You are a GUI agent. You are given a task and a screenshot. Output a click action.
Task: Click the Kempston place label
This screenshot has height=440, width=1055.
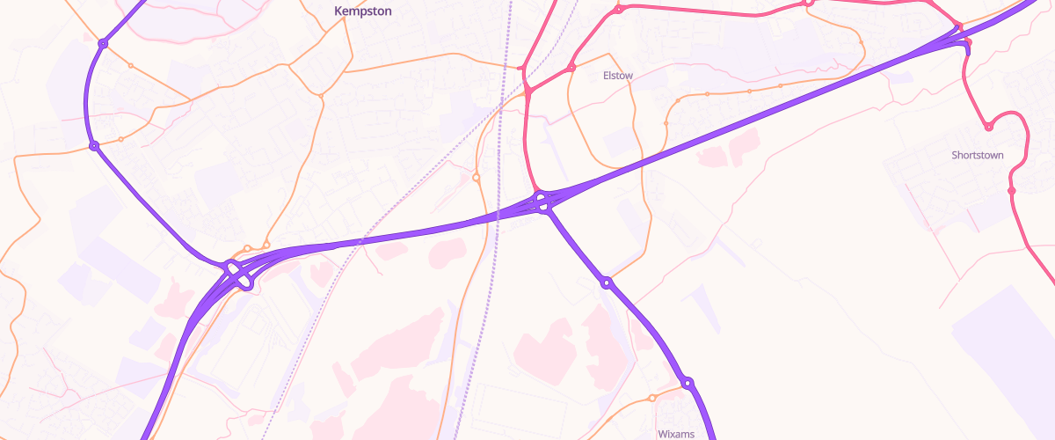[x=361, y=11]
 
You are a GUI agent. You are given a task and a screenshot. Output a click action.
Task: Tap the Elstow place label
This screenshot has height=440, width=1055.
[x=617, y=76]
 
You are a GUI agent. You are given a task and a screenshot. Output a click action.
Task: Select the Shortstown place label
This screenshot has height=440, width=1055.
[x=977, y=155]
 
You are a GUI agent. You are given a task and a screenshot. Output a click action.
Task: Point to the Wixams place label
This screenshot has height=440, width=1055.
[x=676, y=434]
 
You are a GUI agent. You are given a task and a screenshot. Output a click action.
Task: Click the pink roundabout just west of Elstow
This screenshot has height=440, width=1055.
[x=571, y=68]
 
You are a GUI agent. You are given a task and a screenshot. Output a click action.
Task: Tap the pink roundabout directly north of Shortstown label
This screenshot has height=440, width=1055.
[x=988, y=128]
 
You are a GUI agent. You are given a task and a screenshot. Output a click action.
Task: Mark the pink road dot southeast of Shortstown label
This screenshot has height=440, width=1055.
[x=1011, y=191]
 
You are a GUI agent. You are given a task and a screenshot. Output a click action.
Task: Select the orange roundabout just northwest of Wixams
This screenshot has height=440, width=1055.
[x=652, y=399]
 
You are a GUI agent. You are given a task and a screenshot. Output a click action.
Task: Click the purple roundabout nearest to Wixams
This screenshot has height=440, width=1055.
[x=688, y=383]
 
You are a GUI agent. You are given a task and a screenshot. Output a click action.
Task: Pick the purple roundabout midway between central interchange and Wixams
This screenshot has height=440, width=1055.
[x=606, y=282]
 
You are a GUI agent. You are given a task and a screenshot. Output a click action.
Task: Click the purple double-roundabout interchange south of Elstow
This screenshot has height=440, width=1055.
[x=542, y=202]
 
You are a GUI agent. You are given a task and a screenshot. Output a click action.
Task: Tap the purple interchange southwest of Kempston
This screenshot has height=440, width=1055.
[x=238, y=275]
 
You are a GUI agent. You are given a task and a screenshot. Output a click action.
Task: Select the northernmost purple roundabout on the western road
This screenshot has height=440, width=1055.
[x=103, y=43]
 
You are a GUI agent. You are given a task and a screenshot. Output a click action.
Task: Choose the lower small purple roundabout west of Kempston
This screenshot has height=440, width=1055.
[x=93, y=146]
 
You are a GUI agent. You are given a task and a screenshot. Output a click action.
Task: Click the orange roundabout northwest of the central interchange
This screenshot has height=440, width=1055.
[x=477, y=178]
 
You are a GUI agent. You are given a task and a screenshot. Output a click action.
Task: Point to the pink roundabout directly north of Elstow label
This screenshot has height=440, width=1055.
[x=619, y=10]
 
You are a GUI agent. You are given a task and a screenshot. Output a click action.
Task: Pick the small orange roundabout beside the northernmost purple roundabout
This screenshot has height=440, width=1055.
[x=131, y=65]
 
